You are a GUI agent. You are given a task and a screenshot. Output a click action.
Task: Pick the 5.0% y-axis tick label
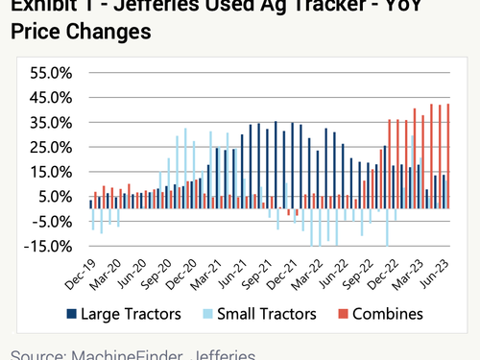tap(54, 197)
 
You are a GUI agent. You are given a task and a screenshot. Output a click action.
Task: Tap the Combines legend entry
tap(387, 314)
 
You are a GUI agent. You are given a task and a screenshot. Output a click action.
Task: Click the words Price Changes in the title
tap(82, 31)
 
